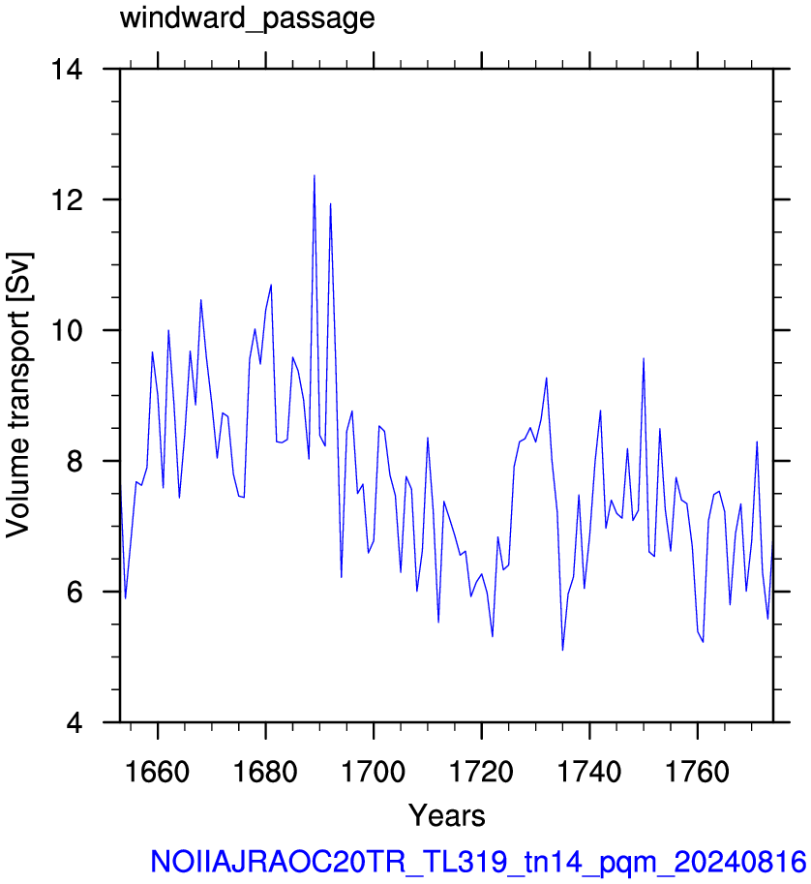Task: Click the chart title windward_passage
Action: click(248, 19)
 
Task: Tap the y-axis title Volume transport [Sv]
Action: click(18, 395)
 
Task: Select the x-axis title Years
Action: click(447, 815)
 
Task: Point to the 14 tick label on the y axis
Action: click(67, 70)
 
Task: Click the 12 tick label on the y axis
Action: click(67, 199)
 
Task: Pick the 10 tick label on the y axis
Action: click(67, 330)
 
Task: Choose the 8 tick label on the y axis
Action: click(75, 461)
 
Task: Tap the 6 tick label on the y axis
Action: click(75, 592)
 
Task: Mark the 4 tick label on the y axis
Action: click(75, 722)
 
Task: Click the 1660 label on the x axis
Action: click(157, 772)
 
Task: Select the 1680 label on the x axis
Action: click(265, 772)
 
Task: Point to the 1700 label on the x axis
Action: click(374, 772)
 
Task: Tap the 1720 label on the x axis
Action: click(482, 772)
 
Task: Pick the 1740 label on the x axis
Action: click(589, 772)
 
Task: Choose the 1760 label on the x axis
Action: click(698, 772)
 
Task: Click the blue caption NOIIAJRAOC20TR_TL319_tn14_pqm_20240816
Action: click(478, 863)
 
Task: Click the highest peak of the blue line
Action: click(315, 175)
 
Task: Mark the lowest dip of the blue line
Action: click(562, 650)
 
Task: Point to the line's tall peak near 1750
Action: click(644, 358)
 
